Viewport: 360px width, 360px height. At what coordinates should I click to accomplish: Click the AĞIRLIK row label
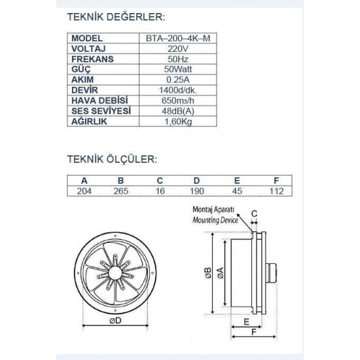click(x=90, y=122)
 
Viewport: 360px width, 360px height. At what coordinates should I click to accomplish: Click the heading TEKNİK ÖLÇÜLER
click(x=112, y=159)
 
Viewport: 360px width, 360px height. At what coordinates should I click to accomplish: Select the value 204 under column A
click(x=85, y=191)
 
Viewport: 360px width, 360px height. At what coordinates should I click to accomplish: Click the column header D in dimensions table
click(x=197, y=181)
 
